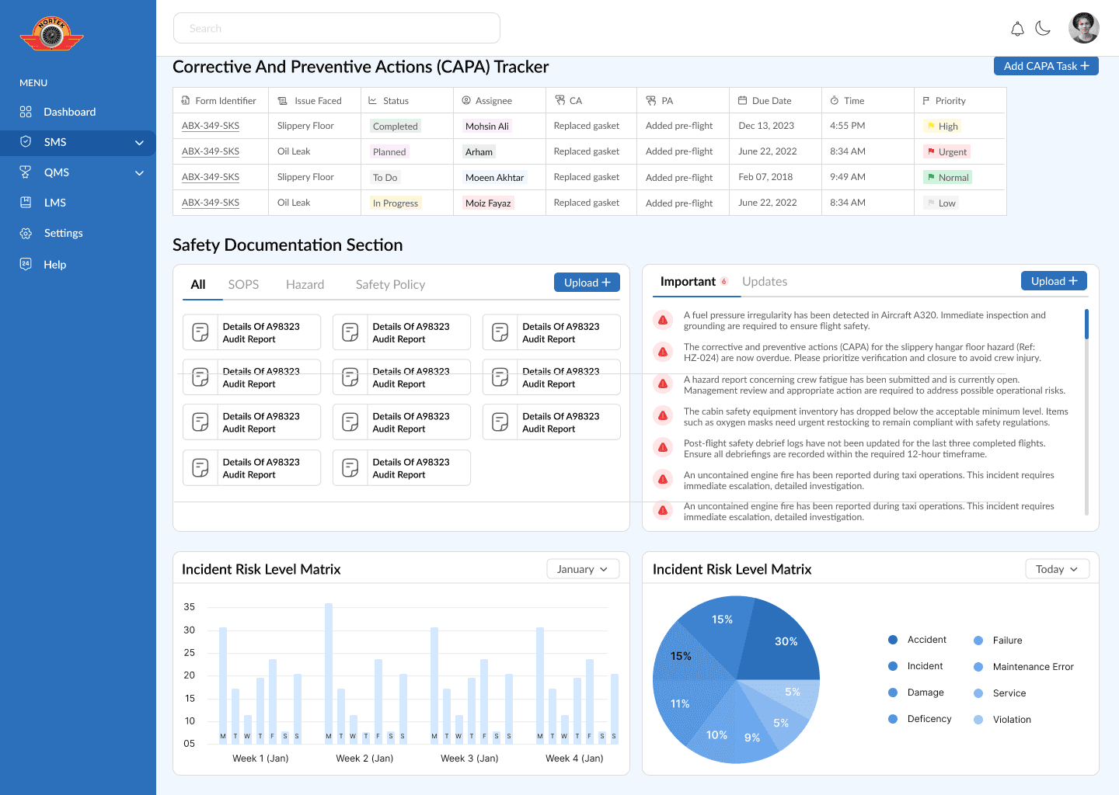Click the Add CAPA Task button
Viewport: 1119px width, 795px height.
coord(1046,66)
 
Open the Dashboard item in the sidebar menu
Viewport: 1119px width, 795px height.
coord(69,112)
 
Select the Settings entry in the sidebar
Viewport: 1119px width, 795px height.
coord(63,233)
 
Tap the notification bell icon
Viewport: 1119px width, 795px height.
coord(1017,29)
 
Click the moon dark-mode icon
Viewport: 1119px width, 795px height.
coord(1043,29)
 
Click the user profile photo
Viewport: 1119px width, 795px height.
coord(1084,28)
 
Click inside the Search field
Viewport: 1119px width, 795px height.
coord(336,28)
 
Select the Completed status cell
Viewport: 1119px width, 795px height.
coord(395,127)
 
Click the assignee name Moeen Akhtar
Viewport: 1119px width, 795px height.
coord(494,178)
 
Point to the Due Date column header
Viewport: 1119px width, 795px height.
coord(771,101)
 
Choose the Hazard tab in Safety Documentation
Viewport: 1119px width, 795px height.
coord(305,285)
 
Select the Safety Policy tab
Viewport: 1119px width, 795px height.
coord(390,285)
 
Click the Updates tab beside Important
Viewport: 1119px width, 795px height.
coord(765,282)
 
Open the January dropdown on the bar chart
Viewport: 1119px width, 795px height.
coord(583,569)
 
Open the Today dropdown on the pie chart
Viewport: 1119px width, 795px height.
coord(1057,569)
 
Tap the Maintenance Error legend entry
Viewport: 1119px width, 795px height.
coord(1033,667)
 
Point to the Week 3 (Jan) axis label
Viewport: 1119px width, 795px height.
coord(469,759)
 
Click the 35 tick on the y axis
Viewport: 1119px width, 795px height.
coord(190,607)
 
